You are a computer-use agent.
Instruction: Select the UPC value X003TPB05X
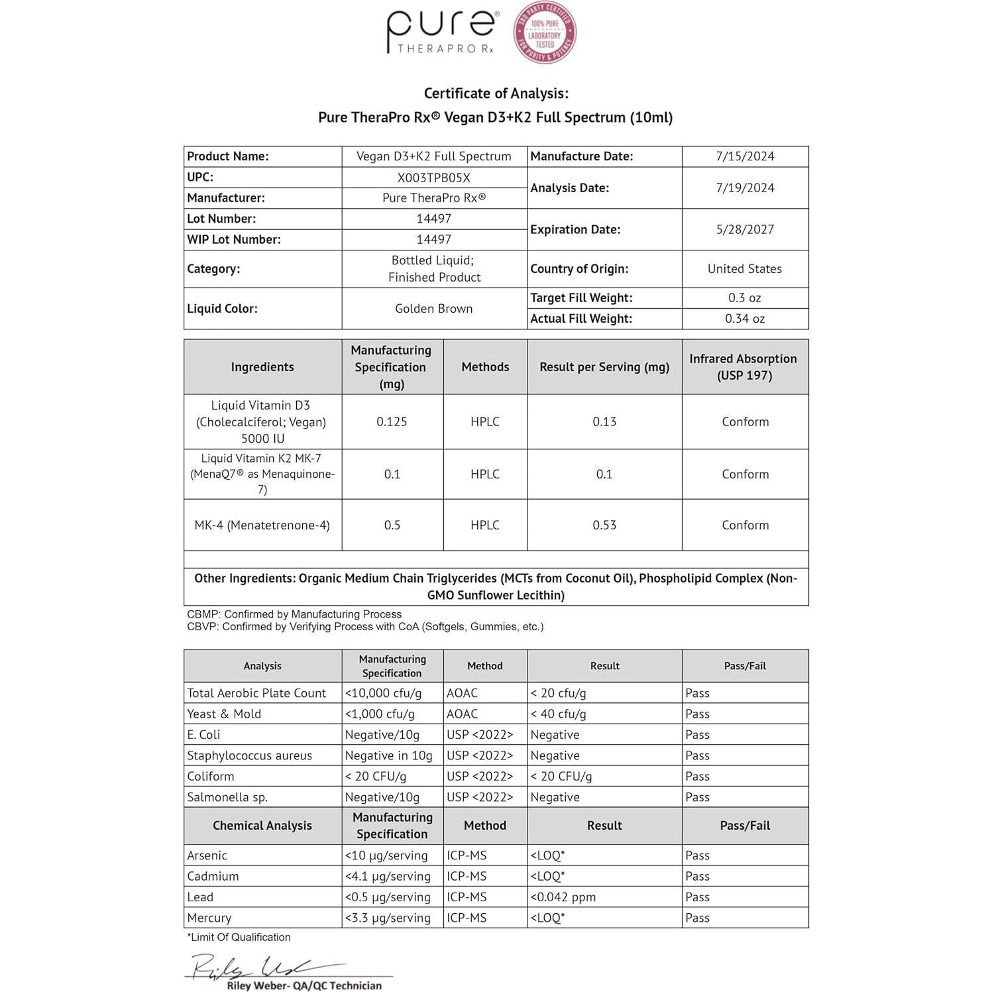coord(433,178)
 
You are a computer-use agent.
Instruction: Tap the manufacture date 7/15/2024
coord(745,156)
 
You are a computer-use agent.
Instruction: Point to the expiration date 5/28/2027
coord(745,229)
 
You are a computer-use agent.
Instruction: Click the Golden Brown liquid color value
coord(433,308)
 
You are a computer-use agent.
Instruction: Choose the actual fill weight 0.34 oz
coord(745,319)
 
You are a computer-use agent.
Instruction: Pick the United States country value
coord(745,269)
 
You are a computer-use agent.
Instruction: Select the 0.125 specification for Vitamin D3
coord(392,421)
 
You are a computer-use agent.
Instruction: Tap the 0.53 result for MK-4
coord(604,525)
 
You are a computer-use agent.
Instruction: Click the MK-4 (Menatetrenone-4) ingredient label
coord(262,525)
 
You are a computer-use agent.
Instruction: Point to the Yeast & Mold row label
coord(224,714)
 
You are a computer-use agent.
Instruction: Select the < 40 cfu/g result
coord(558,714)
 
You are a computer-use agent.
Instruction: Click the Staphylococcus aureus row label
coord(249,755)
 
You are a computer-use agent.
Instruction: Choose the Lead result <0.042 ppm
coord(563,897)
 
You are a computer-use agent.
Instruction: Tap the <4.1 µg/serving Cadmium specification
coord(388,876)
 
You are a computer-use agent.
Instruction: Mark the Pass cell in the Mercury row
coord(697,918)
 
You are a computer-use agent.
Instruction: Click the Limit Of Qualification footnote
coord(239,937)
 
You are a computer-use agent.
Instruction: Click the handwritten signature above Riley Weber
coord(258,967)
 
